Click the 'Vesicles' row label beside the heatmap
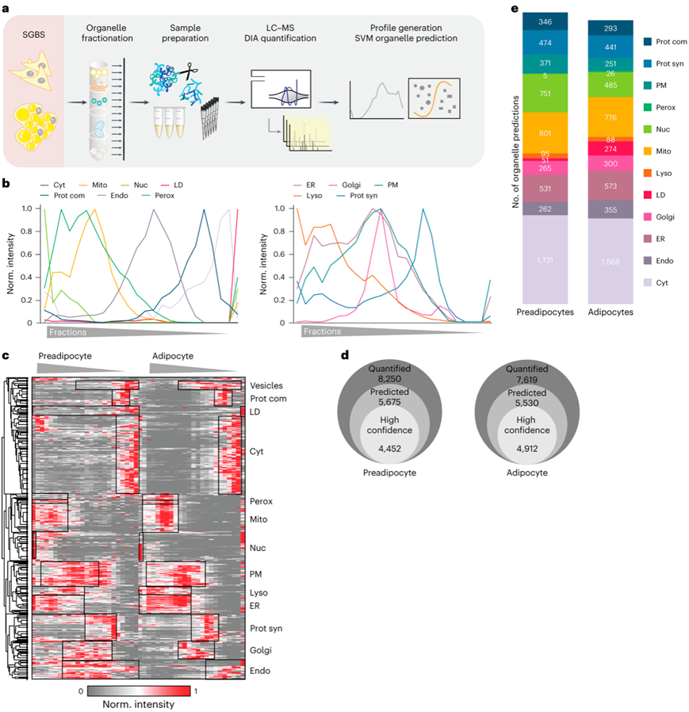tap(266, 385)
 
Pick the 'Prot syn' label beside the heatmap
tap(266, 629)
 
